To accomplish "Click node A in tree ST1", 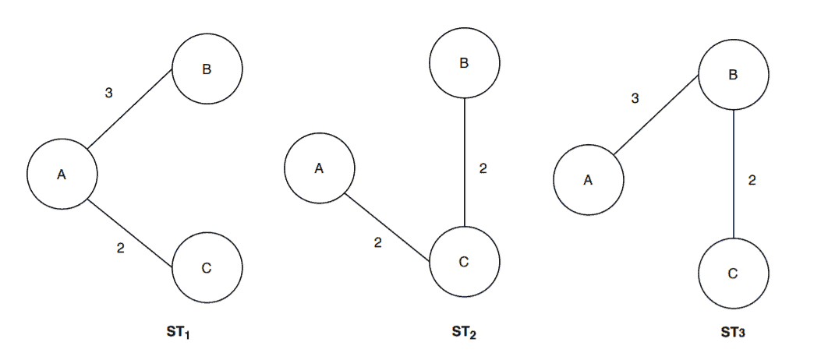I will pyautogui.click(x=62, y=175).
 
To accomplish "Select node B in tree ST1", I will pyautogui.click(x=207, y=69).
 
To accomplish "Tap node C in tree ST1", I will pyautogui.click(x=207, y=268).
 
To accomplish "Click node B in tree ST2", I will pyautogui.click(x=464, y=63).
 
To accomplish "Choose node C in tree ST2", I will pyautogui.click(x=464, y=262).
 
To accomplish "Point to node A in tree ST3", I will pyautogui.click(x=588, y=180).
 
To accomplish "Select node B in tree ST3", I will pyautogui.click(x=733, y=75).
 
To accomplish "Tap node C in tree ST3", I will pyautogui.click(x=733, y=274).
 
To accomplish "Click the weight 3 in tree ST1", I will pyautogui.click(x=108, y=94).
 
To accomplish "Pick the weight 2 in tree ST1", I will pyautogui.click(x=120, y=249).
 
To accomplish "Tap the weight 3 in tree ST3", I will pyautogui.click(x=635, y=98).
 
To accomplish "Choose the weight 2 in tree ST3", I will pyautogui.click(x=752, y=180).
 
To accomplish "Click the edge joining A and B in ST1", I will pyautogui.click(x=129, y=109).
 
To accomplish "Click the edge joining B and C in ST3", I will pyautogui.click(x=734, y=174).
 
